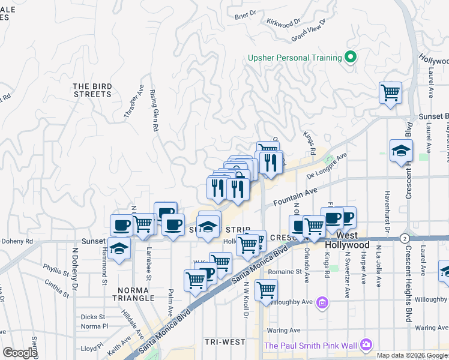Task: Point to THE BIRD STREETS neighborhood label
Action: pos(93,90)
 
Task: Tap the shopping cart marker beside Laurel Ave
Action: pos(390,93)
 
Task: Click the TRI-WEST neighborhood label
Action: pos(224,342)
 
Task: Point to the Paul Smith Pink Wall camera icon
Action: pos(365,345)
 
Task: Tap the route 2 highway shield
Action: pos(406,238)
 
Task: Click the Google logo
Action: pos(20,352)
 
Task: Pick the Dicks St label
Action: pos(93,316)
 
